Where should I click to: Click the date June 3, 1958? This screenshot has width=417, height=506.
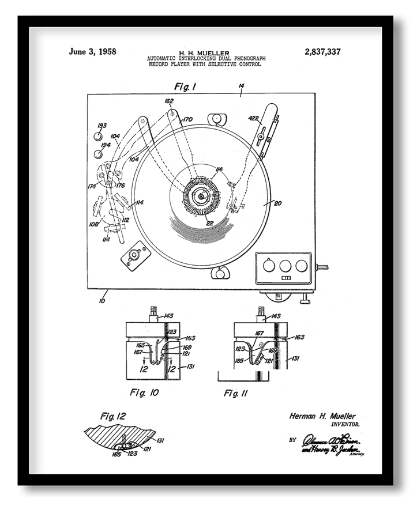pos(92,51)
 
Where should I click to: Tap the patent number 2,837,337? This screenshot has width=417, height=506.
pos(322,52)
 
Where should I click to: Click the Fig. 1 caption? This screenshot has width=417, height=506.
pos(185,86)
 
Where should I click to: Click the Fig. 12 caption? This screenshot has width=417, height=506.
pos(112,415)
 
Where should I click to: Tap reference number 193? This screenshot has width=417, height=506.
pos(102,125)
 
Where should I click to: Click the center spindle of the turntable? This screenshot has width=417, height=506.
pos(201,196)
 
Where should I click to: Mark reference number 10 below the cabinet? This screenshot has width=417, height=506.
pos(102,300)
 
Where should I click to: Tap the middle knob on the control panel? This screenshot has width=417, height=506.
pos(284,266)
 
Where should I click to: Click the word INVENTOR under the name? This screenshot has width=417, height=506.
pos(344,424)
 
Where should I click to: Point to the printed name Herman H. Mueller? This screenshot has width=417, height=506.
pos(322,416)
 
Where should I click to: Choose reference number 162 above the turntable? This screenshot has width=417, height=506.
pos(169,101)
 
